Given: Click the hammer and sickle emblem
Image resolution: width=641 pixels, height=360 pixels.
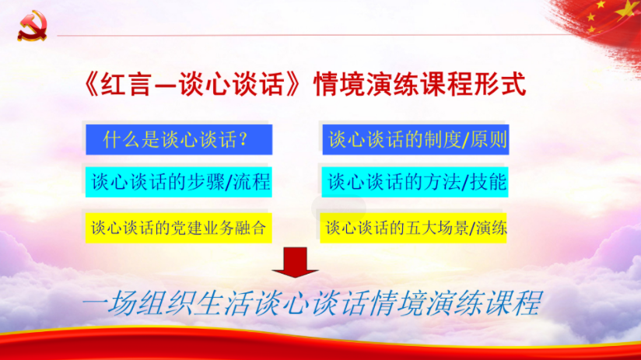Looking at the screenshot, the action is point(32,26).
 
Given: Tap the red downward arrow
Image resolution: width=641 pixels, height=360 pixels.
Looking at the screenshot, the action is point(295,262).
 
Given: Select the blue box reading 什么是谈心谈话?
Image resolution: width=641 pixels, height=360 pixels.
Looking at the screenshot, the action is point(179,140).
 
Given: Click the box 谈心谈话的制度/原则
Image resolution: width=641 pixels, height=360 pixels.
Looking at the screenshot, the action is point(415,140).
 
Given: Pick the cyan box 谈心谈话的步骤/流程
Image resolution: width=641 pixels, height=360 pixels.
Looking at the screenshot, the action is point(179,182).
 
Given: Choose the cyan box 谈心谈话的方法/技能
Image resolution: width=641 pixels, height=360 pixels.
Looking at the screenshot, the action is point(415,182).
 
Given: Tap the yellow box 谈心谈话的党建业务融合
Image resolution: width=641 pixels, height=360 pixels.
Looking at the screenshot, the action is point(179,228).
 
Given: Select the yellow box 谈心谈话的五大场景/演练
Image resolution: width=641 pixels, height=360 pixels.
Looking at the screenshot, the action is point(413,228).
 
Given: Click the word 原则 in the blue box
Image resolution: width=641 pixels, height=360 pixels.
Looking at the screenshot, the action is point(489,140).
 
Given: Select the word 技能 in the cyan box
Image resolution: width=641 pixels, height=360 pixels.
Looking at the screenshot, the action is point(489,182).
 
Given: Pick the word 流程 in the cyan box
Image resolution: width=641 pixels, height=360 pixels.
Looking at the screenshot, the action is point(252,182).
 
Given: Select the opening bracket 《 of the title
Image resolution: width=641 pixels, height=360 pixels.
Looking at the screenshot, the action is point(91,85).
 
